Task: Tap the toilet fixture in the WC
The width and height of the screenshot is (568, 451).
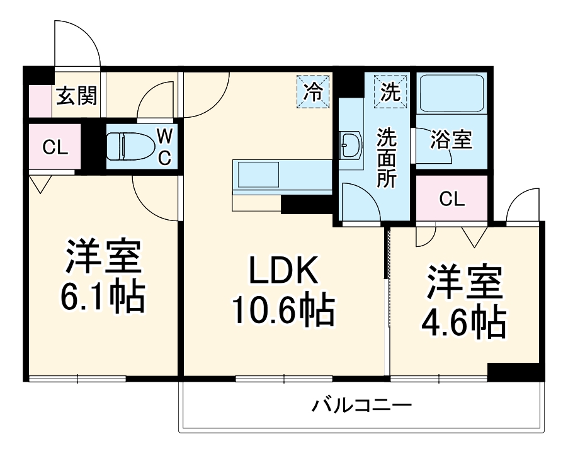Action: click(128, 147)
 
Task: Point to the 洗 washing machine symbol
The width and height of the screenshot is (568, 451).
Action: click(390, 92)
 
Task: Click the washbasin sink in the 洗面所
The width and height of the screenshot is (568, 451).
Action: click(350, 146)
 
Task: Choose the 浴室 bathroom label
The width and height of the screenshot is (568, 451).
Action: click(451, 140)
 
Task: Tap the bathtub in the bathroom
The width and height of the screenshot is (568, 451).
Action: click(451, 94)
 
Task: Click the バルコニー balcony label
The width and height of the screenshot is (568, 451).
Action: click(362, 404)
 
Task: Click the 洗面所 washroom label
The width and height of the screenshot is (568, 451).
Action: click(386, 157)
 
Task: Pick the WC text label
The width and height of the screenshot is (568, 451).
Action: click(164, 146)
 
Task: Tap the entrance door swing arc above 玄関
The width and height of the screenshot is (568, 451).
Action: click(77, 43)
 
